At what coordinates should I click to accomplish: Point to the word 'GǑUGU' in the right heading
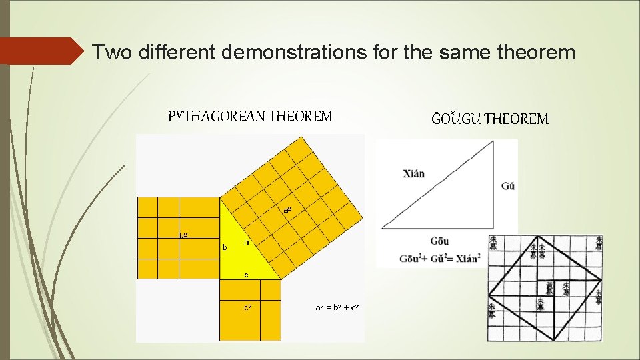point(456,119)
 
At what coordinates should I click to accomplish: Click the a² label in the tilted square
point(287,209)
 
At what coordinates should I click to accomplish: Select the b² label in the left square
point(183,235)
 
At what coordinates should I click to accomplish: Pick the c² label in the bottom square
point(247,307)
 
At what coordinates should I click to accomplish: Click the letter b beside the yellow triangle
point(224,247)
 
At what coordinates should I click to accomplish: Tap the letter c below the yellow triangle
point(246,274)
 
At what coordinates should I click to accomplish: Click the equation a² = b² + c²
point(337,307)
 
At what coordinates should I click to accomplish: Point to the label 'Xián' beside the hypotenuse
point(413,174)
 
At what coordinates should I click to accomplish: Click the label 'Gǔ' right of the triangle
point(507,186)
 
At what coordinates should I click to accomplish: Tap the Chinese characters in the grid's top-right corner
point(599,243)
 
